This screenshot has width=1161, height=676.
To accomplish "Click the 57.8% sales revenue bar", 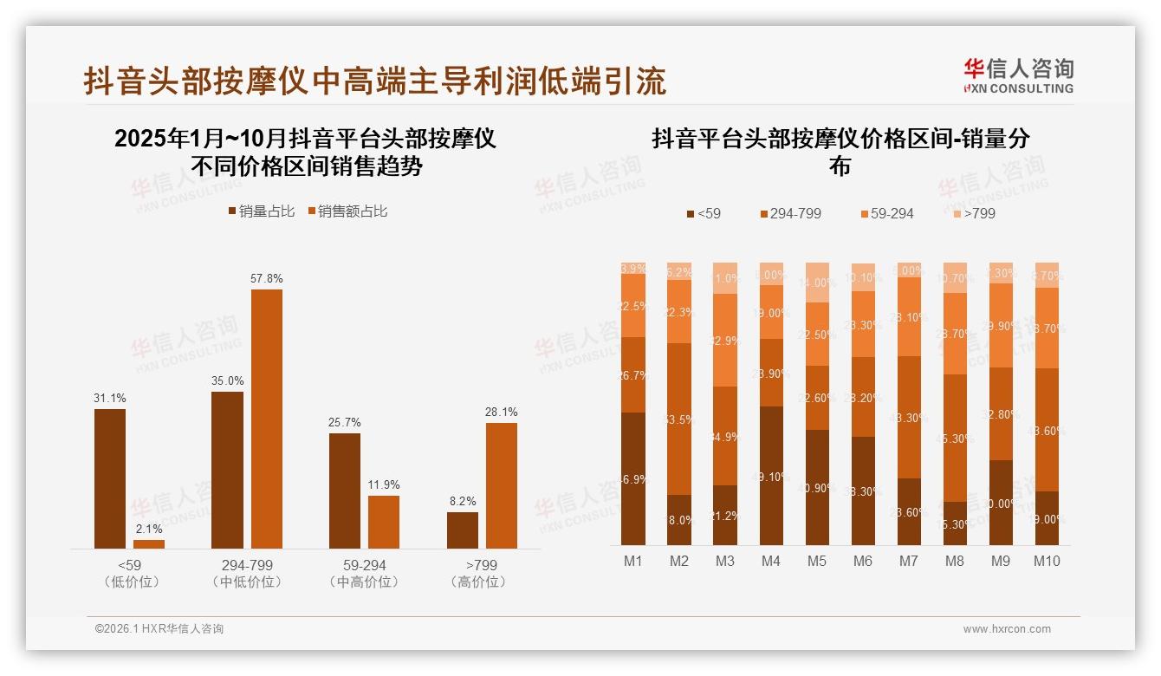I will click(x=267, y=419).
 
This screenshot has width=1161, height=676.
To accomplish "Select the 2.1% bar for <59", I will click(x=149, y=543).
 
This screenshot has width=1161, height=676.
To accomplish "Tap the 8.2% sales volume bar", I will click(x=463, y=530).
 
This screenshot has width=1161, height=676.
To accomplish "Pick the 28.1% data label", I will click(x=502, y=412).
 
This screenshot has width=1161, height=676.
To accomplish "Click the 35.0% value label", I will click(x=227, y=380).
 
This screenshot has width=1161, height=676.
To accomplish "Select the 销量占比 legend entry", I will click(x=261, y=211).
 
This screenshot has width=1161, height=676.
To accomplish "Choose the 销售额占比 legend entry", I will click(x=347, y=211).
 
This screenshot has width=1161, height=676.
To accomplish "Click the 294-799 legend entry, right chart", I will click(x=790, y=213).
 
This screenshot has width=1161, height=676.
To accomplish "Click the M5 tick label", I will click(x=817, y=561).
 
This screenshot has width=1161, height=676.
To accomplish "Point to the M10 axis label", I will click(x=1047, y=561).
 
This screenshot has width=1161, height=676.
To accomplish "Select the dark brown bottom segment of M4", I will click(x=771, y=475).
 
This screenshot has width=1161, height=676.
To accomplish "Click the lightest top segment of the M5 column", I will click(x=817, y=283).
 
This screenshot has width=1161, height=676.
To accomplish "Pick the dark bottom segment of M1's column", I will click(x=633, y=478).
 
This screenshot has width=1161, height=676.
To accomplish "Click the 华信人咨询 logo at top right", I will click(x=1018, y=75).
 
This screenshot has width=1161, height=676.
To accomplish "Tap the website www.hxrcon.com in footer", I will click(x=1007, y=629).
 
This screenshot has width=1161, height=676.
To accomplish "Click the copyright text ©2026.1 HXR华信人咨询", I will click(x=159, y=629).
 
